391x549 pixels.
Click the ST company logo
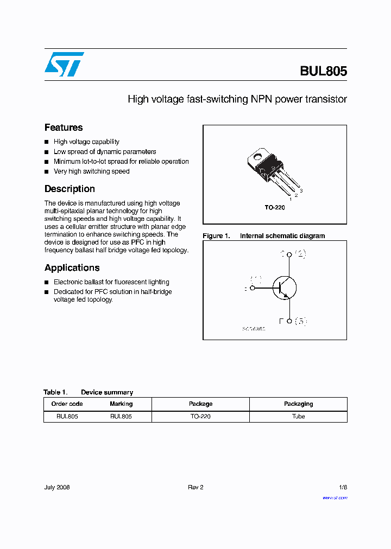click(x=64, y=64)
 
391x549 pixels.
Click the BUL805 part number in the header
click(x=323, y=71)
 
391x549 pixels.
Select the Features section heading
click(x=64, y=127)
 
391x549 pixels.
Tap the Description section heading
click(x=70, y=189)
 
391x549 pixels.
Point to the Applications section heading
click(x=72, y=267)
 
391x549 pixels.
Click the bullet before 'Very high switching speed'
click(x=47, y=171)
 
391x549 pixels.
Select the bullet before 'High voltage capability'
click(x=47, y=142)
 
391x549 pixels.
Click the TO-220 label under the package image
click(x=275, y=208)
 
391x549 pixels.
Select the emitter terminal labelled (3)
click(x=289, y=321)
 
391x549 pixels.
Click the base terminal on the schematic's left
click(x=252, y=289)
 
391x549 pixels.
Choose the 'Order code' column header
click(x=67, y=404)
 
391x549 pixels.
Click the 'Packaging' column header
click(x=298, y=404)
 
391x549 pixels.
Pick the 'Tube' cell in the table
click(x=298, y=417)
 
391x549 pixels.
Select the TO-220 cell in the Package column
click(x=200, y=417)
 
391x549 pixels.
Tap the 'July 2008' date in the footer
click(x=57, y=487)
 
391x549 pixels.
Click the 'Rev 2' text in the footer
click(x=195, y=487)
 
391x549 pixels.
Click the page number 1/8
click(x=342, y=487)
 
